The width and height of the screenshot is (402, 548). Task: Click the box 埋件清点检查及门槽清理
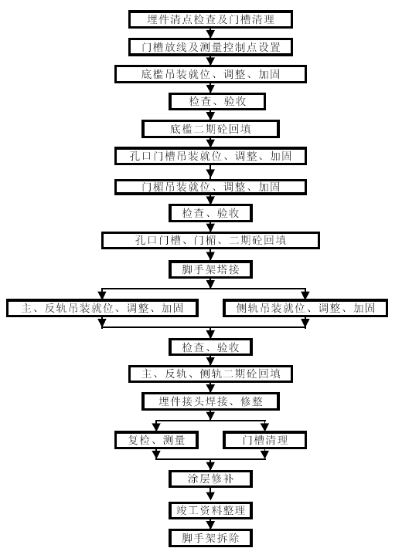[210, 19]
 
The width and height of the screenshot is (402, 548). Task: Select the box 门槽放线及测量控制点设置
[210, 47]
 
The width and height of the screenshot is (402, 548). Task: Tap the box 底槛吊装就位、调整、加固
[210, 74]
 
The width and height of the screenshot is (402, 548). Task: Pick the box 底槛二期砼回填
[210, 129]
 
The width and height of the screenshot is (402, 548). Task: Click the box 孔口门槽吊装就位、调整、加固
[210, 156]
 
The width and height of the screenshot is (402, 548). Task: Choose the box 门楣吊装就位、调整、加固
[210, 187]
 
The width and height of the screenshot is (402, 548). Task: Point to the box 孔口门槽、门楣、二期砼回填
[210, 240]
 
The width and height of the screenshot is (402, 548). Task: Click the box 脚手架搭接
[210, 269]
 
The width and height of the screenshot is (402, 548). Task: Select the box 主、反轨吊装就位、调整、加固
[102, 308]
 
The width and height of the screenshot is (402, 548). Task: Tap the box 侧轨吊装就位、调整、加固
[305, 308]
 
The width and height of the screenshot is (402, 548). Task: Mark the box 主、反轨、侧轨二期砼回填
[210, 374]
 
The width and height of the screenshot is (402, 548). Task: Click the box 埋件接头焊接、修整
[210, 401]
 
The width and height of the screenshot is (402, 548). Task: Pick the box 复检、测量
[156, 440]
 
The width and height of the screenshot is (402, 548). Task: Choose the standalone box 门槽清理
[264, 440]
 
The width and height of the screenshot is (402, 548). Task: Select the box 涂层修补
[210, 479]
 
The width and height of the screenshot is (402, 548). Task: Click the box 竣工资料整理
[210, 510]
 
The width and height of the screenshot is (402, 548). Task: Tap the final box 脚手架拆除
[210, 538]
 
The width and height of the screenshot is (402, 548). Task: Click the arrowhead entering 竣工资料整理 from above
[210, 497]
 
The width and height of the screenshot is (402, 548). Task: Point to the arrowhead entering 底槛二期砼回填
[210, 116]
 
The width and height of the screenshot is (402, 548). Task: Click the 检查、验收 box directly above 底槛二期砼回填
[217, 101]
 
